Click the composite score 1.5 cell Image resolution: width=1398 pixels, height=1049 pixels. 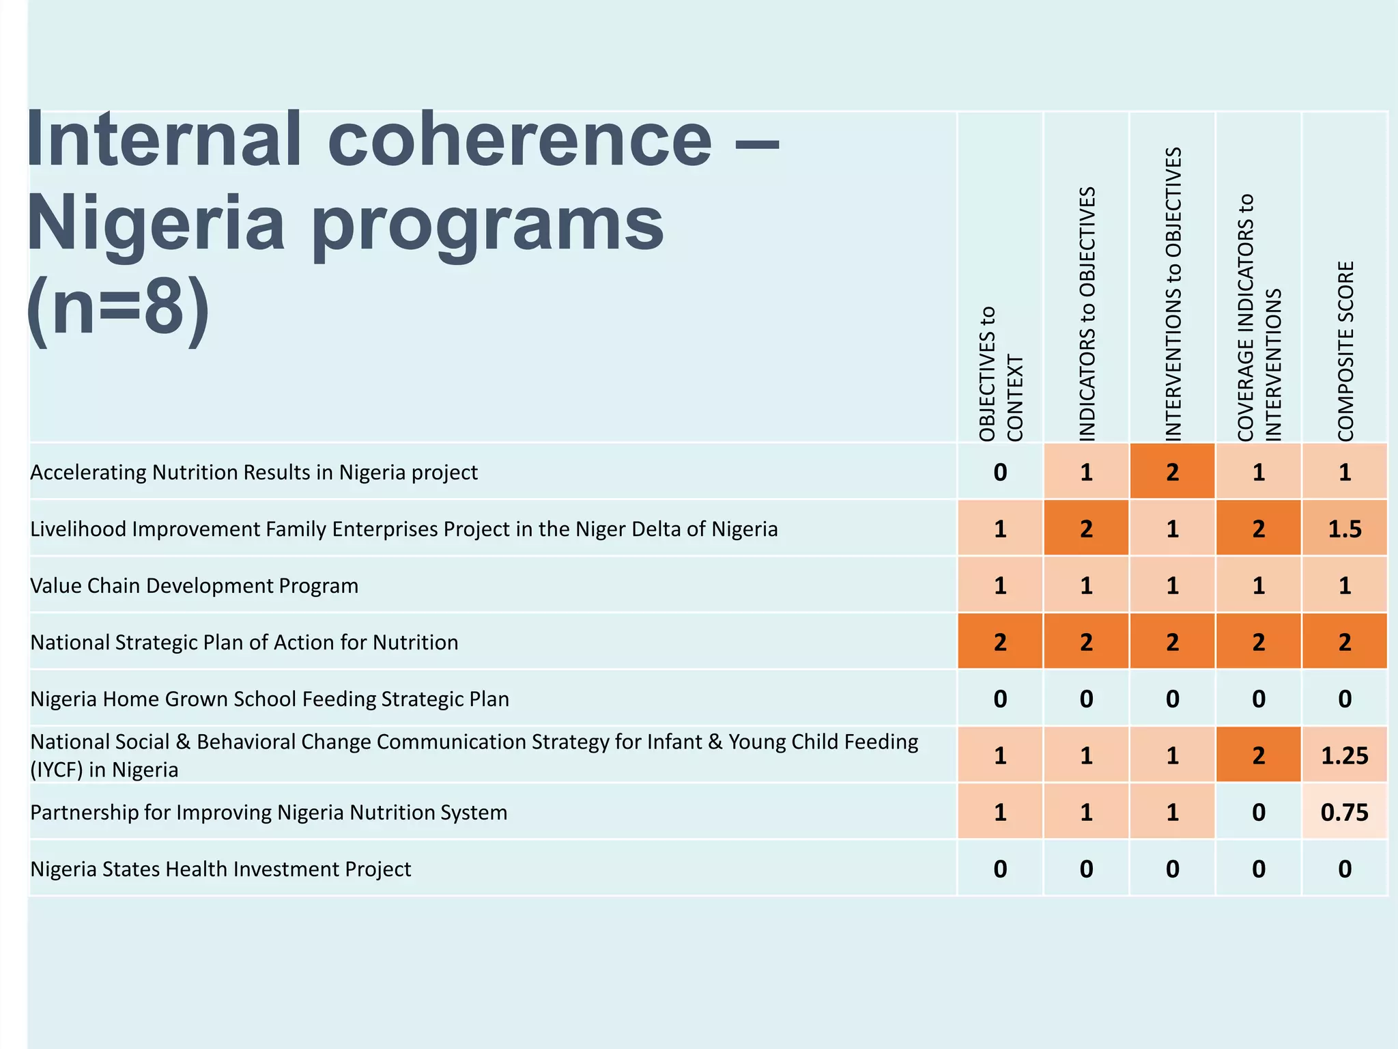[1344, 529]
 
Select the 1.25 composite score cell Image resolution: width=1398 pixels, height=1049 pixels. [1344, 755]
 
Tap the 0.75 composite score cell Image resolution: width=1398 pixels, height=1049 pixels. [1344, 812]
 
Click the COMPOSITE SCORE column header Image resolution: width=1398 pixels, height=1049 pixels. [1345, 351]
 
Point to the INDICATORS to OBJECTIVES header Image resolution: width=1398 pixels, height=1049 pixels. [1087, 314]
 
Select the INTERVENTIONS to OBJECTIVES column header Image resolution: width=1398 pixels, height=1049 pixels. [1173, 294]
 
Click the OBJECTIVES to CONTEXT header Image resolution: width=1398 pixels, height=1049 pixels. [1001, 374]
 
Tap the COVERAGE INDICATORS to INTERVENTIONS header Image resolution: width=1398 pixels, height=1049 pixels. [1259, 318]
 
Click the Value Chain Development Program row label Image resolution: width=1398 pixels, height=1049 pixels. [195, 586]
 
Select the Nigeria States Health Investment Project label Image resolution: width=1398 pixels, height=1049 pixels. [220, 869]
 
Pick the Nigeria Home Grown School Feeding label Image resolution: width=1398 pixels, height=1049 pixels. [270, 699]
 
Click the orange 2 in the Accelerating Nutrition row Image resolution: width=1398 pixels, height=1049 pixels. [1173, 472]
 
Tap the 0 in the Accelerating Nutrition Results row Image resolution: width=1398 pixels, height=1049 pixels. [1000, 472]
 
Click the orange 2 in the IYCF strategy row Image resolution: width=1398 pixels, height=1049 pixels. [1259, 755]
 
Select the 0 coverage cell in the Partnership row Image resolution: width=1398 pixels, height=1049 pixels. [1259, 812]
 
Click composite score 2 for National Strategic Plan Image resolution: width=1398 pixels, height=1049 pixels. [1344, 642]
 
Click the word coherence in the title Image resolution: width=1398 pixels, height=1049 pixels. [520, 140]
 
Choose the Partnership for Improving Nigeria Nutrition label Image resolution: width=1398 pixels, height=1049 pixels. [269, 813]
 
